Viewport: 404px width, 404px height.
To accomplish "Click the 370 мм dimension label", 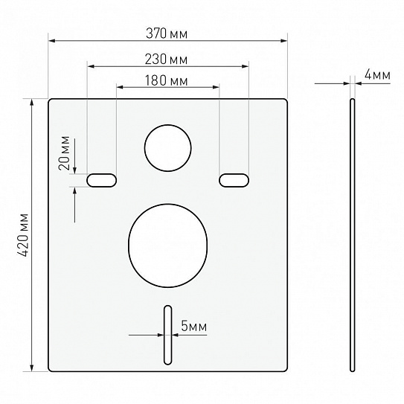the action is (167, 33).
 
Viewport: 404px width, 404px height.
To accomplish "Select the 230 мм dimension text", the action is (166, 60).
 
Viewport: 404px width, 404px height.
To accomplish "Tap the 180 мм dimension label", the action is (166, 80).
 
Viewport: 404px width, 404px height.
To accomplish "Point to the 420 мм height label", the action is (23, 234).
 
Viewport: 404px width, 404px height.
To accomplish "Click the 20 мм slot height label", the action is (65, 153).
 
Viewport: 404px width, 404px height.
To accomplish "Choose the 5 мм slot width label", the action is (193, 326).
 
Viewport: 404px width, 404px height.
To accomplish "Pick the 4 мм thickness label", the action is (377, 75).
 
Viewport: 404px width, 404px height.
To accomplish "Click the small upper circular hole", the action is (167, 148).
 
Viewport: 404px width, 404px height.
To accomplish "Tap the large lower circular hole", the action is (167, 246).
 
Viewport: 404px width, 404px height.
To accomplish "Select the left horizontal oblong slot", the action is (101, 180).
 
